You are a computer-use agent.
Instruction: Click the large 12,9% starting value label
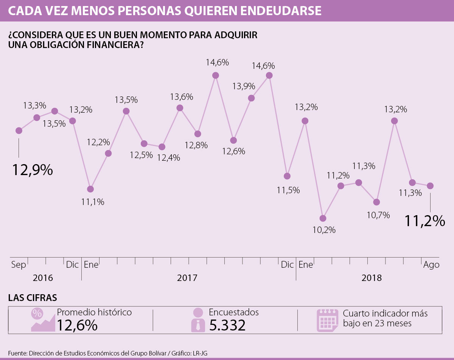point(32,170)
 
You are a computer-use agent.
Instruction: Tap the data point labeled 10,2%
point(323,218)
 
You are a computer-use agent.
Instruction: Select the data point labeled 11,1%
point(90,189)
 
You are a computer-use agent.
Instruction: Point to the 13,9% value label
point(243,86)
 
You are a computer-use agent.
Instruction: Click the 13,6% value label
point(182,97)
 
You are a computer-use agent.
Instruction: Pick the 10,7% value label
point(378,215)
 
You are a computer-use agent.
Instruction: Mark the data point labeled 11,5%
point(287,176)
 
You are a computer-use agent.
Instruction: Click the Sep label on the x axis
point(19,265)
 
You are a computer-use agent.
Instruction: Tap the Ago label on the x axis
point(431,265)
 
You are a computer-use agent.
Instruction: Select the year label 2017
point(187,278)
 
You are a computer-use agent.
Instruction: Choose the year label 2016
point(43,278)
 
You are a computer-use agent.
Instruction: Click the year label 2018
point(372,278)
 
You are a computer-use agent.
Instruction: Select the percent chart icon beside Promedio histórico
point(43,320)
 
